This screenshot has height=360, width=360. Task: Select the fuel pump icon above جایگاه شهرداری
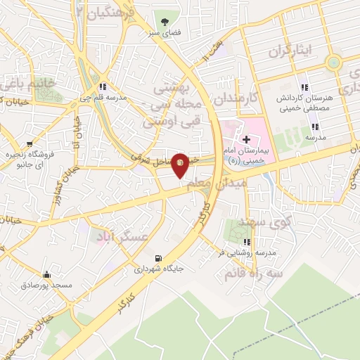(x=157, y=257)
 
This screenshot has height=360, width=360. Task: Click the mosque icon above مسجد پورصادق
(x=47, y=274)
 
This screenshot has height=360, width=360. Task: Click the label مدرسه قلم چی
(x=103, y=98)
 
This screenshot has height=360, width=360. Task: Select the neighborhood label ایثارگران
(x=286, y=52)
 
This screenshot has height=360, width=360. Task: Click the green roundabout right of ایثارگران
(x=334, y=63)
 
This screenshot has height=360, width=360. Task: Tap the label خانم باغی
(x=25, y=84)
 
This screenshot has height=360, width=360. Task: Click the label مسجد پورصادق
(x=47, y=285)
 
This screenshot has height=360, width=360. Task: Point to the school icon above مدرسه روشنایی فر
(x=247, y=240)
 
